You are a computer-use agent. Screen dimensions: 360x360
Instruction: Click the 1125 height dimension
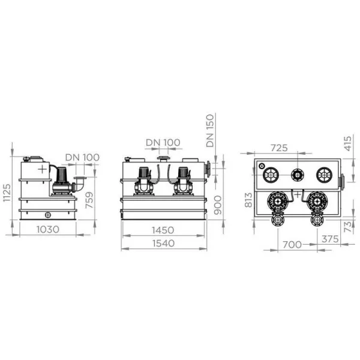coord(7,193)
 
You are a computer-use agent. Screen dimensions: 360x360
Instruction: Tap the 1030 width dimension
coord(48,229)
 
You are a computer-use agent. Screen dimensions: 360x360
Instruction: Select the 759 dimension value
coord(89,200)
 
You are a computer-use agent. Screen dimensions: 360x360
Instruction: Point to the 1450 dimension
coord(163,230)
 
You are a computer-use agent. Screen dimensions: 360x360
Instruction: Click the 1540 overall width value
coord(163,243)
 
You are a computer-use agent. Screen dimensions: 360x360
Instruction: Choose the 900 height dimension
coord(218,205)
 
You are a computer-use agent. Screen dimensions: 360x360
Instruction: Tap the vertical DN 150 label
coord(210,131)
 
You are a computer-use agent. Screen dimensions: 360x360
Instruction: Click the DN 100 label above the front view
coord(163,142)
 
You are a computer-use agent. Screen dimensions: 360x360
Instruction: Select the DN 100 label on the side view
coord(82,157)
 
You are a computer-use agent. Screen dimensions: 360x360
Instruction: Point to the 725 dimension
coord(279,148)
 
